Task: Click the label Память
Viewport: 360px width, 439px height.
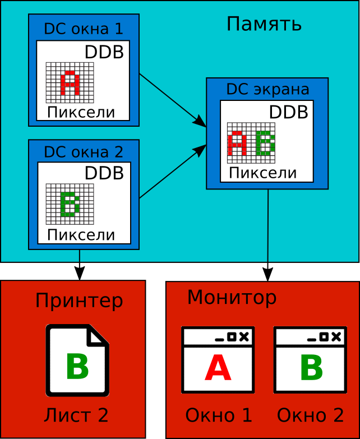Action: click(x=264, y=24)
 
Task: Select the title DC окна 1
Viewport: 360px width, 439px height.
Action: click(x=83, y=29)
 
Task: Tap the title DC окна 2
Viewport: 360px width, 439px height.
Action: click(x=83, y=152)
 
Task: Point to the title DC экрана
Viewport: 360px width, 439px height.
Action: click(x=267, y=90)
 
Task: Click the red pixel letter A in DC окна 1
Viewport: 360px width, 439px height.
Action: click(x=70, y=82)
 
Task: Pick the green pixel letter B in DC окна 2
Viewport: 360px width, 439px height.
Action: click(x=70, y=204)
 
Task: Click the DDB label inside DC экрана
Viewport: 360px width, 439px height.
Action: click(x=288, y=112)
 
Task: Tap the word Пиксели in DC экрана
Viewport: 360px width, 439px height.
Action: click(x=262, y=173)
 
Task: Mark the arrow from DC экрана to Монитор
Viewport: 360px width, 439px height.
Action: click(x=268, y=235)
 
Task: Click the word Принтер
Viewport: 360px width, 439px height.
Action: click(x=79, y=301)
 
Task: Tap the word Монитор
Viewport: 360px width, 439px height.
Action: click(x=232, y=298)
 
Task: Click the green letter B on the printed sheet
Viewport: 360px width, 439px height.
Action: click(x=77, y=367)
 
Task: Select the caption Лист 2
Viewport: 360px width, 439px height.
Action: click(x=76, y=415)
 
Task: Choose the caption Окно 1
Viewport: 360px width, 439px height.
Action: click(x=219, y=415)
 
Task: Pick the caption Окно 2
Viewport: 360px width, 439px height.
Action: click(x=310, y=415)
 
